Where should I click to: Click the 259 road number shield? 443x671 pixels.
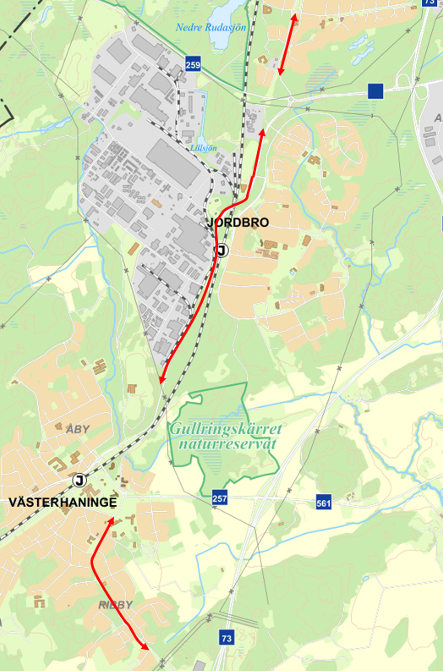tap(194, 64)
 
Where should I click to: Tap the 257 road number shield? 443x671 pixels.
tap(220, 499)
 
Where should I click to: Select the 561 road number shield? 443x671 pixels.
tap(323, 503)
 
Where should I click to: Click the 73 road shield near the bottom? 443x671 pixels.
tap(226, 637)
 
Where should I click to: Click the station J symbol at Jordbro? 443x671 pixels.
tap(221, 250)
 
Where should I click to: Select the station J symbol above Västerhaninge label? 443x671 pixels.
tap(80, 481)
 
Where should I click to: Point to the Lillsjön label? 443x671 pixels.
tap(205, 146)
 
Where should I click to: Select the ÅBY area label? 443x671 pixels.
tap(77, 429)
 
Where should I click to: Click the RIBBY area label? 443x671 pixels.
tap(116, 605)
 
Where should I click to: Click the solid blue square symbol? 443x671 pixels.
tap(376, 91)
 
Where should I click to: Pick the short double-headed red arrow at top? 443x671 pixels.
tap(287, 44)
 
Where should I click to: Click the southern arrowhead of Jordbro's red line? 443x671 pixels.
tap(161, 379)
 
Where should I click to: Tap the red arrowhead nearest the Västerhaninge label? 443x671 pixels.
tap(110, 523)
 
